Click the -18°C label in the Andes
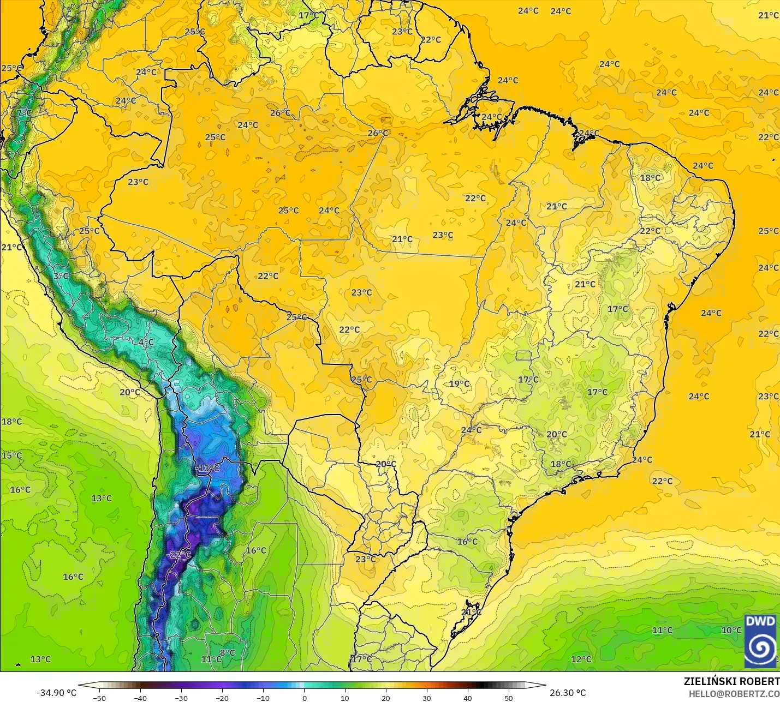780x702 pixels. click(x=207, y=469)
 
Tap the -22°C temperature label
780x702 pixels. click(x=179, y=555)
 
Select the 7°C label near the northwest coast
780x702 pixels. click(x=24, y=113)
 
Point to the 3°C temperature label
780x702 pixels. click(x=61, y=276)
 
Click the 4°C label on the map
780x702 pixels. click(x=146, y=343)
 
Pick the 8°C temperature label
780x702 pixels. click(x=227, y=653)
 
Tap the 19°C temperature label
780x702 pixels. click(x=459, y=383)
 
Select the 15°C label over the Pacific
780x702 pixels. click(x=11, y=455)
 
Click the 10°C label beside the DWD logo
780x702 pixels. click(x=731, y=630)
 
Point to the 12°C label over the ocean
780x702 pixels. click(x=581, y=659)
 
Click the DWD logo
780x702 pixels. click(x=760, y=640)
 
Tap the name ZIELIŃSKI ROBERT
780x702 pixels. click(x=731, y=681)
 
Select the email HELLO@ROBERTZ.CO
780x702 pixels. click(x=734, y=694)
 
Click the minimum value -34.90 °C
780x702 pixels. click(x=56, y=693)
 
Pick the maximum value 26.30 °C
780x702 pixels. click(x=568, y=693)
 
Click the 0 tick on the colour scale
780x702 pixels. click(x=304, y=698)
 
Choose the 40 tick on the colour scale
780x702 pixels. click(x=468, y=698)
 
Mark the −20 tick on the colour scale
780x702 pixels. click(x=222, y=698)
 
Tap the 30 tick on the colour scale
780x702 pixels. click(x=427, y=698)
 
